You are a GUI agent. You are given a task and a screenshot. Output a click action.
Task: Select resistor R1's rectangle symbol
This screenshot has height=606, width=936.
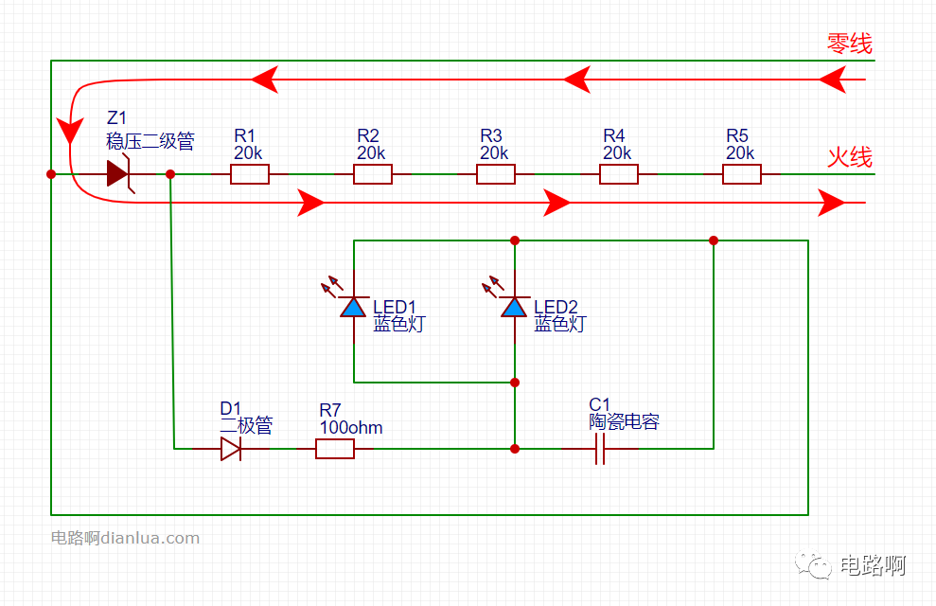(x=250, y=174)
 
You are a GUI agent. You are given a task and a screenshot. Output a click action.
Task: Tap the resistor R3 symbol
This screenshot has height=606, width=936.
(x=496, y=174)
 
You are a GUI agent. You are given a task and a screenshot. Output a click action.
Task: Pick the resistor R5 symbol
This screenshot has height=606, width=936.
(x=741, y=174)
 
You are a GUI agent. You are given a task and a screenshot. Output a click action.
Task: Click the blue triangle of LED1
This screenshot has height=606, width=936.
(x=353, y=308)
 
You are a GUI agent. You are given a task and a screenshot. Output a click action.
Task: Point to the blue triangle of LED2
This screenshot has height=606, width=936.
(x=514, y=308)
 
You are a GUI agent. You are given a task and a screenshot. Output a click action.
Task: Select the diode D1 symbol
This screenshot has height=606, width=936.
(x=231, y=449)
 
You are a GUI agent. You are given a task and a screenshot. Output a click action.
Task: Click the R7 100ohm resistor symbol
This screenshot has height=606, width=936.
(x=335, y=449)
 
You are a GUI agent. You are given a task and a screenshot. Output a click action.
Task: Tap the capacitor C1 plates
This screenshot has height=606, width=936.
(x=600, y=449)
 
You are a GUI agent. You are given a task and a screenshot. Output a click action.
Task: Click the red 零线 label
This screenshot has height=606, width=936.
(x=850, y=44)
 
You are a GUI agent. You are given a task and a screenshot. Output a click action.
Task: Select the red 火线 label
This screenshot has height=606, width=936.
(x=850, y=157)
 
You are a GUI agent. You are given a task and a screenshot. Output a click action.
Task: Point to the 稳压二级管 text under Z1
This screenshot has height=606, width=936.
(x=150, y=141)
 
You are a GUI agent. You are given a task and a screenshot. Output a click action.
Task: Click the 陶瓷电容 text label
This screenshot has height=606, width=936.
(x=624, y=421)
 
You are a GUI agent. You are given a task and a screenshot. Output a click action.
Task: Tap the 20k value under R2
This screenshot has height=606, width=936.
(x=371, y=153)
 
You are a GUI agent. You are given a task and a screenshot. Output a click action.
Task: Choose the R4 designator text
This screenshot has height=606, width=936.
(x=613, y=135)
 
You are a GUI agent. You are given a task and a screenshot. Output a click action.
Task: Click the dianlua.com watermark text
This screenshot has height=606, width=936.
(x=150, y=538)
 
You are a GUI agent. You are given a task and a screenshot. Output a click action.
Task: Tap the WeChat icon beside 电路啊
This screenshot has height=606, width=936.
(x=813, y=564)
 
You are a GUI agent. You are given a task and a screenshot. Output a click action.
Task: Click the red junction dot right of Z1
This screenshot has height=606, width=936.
(x=170, y=174)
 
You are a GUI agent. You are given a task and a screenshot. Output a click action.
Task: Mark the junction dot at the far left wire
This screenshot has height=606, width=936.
(x=51, y=174)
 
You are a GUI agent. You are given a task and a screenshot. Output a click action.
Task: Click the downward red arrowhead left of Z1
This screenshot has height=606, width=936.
(x=70, y=130)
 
